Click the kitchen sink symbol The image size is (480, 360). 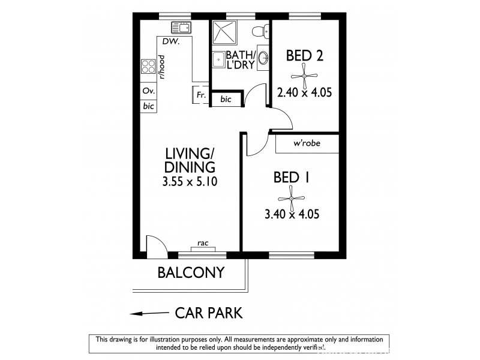180,27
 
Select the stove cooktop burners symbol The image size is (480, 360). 146,67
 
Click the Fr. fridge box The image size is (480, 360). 200,95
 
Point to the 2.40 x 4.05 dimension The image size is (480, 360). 304,92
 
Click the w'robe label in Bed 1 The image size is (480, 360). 306,144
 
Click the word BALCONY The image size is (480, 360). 190,272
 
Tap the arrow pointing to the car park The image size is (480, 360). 147,313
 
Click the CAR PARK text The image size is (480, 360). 208,313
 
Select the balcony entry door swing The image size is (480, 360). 154,244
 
